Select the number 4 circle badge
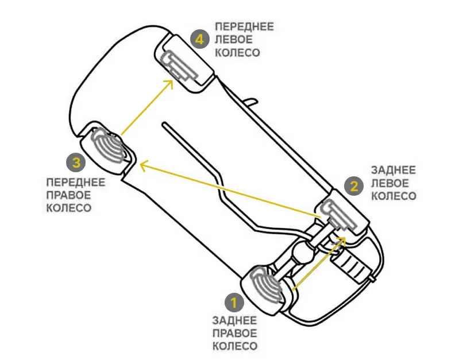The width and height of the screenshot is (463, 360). point(199,39)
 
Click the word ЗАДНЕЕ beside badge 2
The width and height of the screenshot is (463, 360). point(393,171)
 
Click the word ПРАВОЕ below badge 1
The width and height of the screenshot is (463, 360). point(234,333)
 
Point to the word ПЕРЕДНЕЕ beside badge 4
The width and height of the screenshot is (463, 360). point(244,26)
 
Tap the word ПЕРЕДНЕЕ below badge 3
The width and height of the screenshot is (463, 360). point(75,183)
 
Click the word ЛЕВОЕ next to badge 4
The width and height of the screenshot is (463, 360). point(232,40)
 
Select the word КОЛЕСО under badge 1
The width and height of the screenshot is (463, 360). point(235,346)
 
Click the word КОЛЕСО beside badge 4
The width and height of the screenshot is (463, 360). point(237,52)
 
